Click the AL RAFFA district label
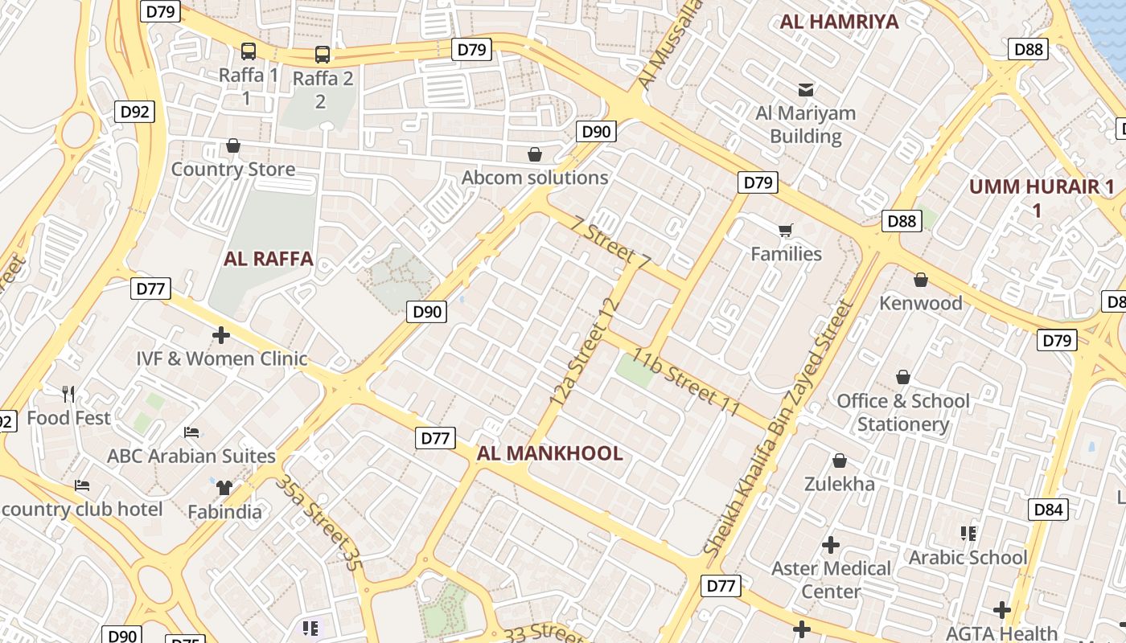[268, 259]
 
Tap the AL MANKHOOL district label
[549, 453]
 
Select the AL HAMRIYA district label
[839, 22]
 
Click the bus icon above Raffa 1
[249, 51]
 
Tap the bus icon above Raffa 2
[323, 55]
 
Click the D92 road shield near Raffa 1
[134, 111]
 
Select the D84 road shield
[1048, 509]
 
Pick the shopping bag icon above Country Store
[233, 145]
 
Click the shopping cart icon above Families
[786, 231]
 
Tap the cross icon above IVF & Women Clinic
[221, 334]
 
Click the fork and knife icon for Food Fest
[69, 394]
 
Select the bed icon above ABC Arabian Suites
[191, 432]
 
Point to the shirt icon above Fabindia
[224, 487]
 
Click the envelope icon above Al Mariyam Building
[805, 89]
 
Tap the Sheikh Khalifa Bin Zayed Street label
[777, 428]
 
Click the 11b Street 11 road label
[686, 382]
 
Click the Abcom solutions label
[535, 178]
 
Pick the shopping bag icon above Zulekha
[840, 461]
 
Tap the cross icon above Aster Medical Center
[831, 545]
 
